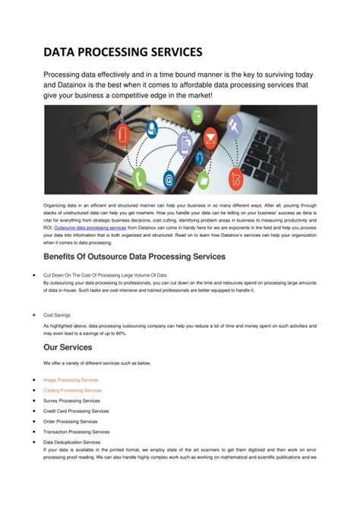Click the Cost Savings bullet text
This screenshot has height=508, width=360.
pyautogui.click(x=58, y=314)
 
